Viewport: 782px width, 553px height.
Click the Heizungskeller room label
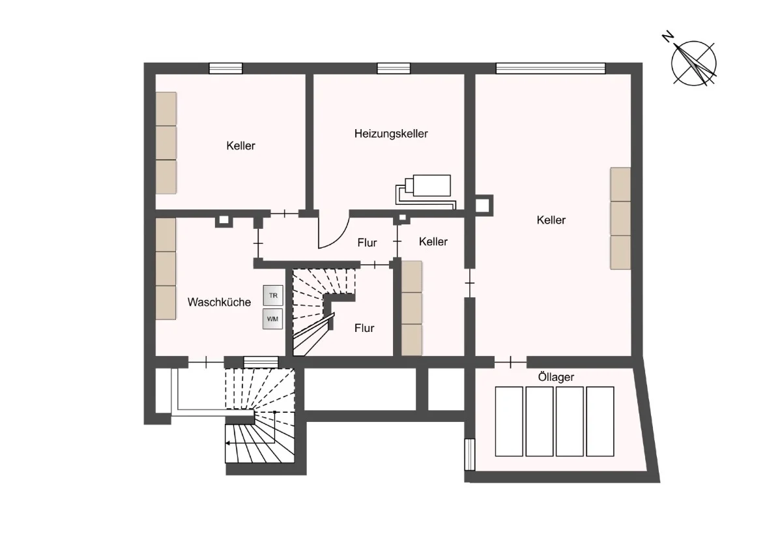(x=391, y=134)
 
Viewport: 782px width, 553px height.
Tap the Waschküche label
(x=219, y=302)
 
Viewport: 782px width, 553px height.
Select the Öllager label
(x=556, y=378)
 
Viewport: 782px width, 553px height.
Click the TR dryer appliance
(x=273, y=295)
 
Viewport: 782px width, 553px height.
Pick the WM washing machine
(x=272, y=319)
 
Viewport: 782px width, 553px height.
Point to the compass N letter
(x=668, y=37)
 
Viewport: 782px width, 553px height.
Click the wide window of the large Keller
(x=551, y=68)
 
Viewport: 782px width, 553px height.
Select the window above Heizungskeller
(x=394, y=68)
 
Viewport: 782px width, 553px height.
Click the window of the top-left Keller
(x=225, y=68)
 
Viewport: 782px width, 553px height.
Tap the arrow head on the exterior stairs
(x=227, y=443)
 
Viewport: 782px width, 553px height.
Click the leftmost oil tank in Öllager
(x=509, y=422)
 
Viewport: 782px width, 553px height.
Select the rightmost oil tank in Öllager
(x=600, y=422)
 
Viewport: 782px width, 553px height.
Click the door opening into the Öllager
(x=510, y=363)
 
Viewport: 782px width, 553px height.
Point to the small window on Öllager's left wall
(x=470, y=455)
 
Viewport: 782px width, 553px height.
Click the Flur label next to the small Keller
(x=367, y=243)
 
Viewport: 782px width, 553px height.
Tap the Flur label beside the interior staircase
(x=364, y=328)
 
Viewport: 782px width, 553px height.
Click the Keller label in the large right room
(x=551, y=220)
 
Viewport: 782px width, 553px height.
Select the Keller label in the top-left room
(x=240, y=145)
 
